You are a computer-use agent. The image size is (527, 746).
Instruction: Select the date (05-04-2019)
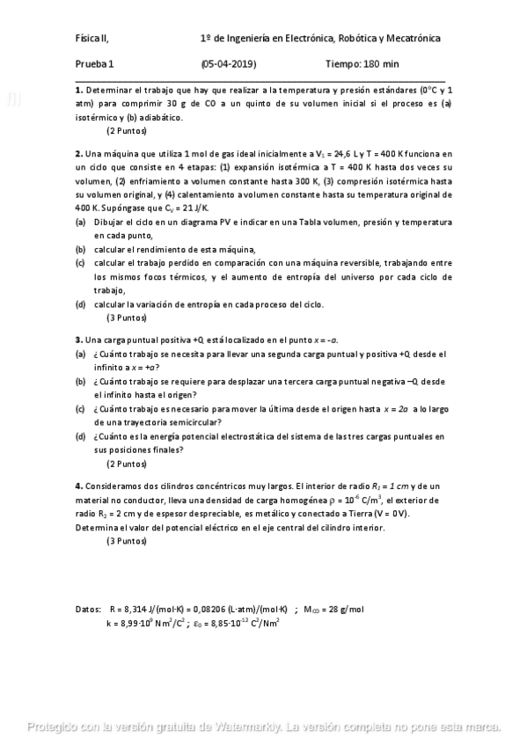pyautogui.click(x=229, y=64)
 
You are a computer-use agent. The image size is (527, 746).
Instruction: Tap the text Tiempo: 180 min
pyautogui.click(x=362, y=64)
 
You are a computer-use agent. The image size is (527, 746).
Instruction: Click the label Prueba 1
pyautogui.click(x=94, y=64)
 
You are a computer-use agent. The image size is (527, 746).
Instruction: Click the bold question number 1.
pyautogui.click(x=78, y=91)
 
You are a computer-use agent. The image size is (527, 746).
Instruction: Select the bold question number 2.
pyautogui.click(x=78, y=153)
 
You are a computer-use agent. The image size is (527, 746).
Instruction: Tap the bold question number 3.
pyautogui.click(x=78, y=339)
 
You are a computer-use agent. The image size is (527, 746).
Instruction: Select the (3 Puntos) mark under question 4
pyautogui.click(x=127, y=541)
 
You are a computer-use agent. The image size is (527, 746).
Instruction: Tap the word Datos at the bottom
pyautogui.click(x=89, y=609)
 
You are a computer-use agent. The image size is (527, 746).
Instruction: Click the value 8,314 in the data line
pyautogui.click(x=137, y=609)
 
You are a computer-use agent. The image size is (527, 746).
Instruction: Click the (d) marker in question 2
pyautogui.click(x=80, y=304)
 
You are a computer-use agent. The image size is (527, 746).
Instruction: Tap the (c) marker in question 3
pyautogui.click(x=80, y=409)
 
